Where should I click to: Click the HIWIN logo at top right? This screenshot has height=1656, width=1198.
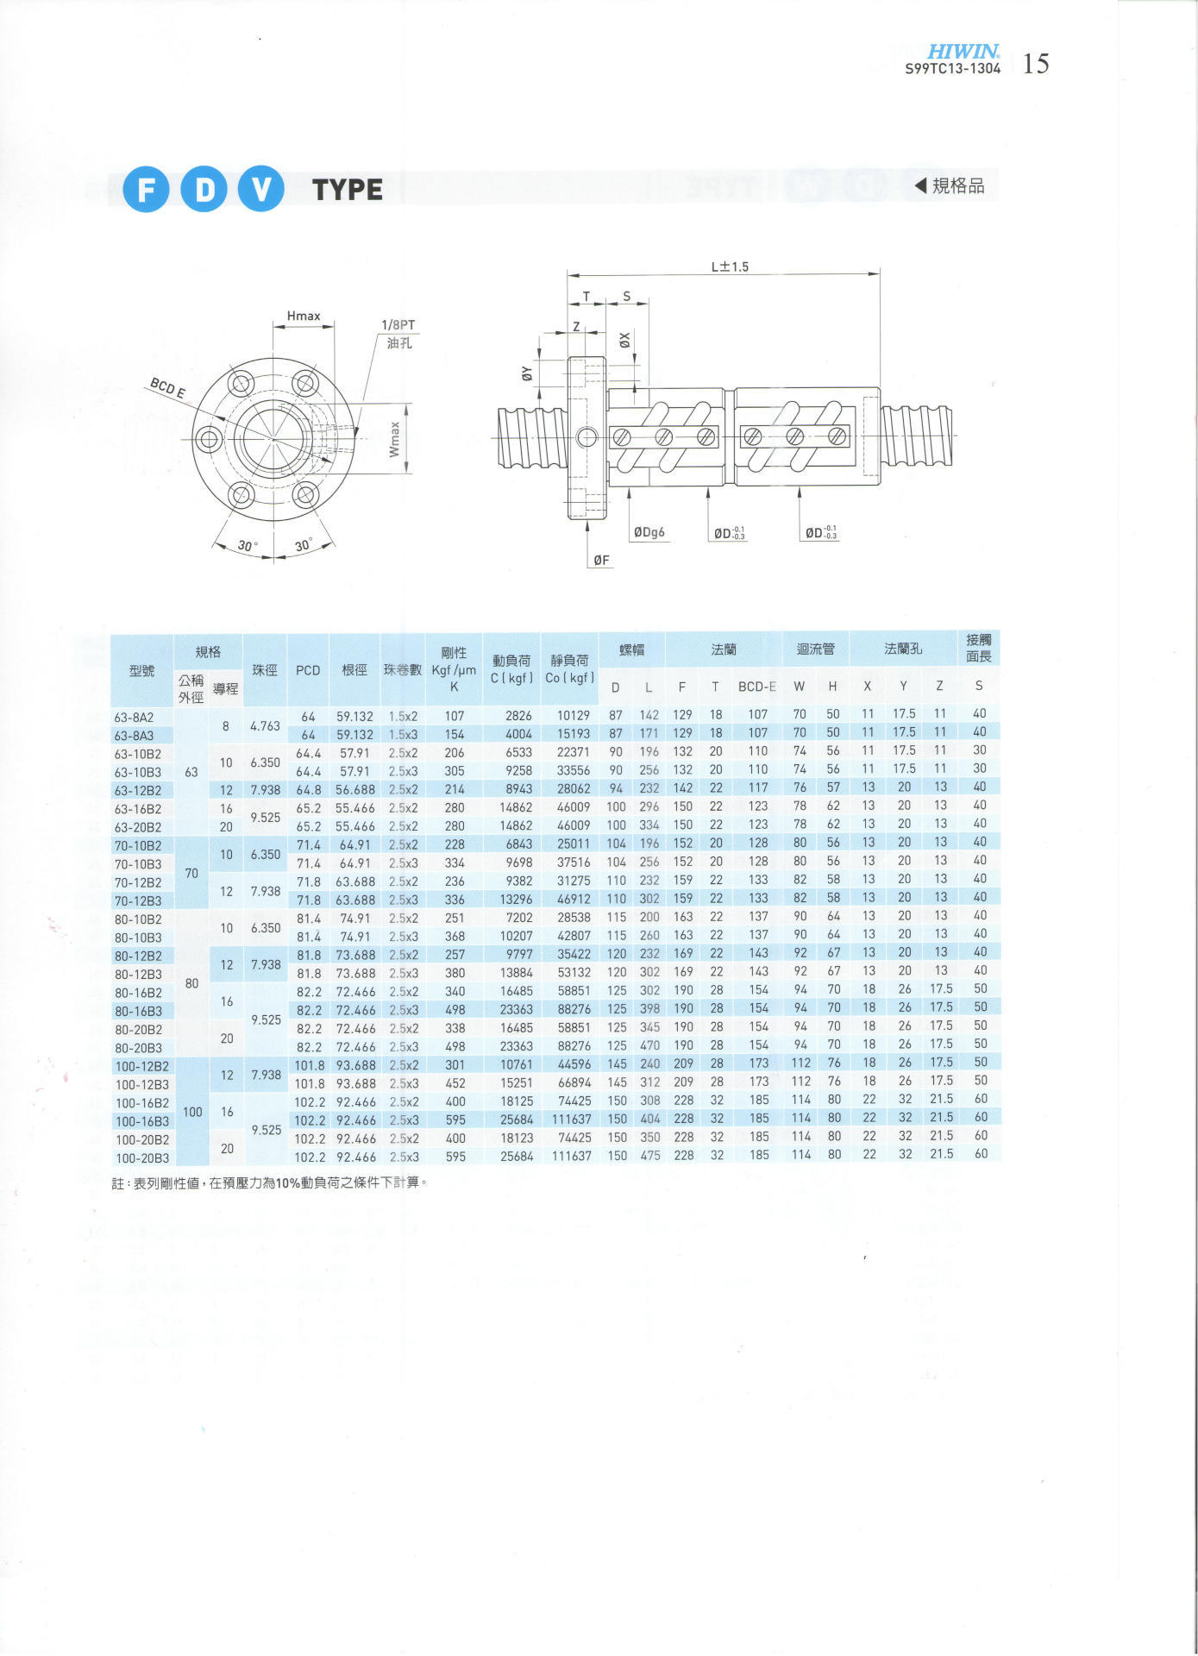[x=963, y=53]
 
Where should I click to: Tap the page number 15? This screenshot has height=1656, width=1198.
[x=1036, y=64]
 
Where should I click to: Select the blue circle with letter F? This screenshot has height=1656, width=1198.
[x=146, y=189]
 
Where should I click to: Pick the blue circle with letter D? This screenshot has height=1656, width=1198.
[x=204, y=189]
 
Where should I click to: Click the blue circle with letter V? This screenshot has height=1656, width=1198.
[x=261, y=189]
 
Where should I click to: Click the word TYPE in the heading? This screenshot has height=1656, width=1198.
[x=348, y=190]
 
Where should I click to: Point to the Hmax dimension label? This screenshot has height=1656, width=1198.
[x=304, y=316]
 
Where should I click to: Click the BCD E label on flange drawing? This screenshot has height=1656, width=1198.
[x=167, y=387]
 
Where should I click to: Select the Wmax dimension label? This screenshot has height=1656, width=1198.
[x=394, y=439]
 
